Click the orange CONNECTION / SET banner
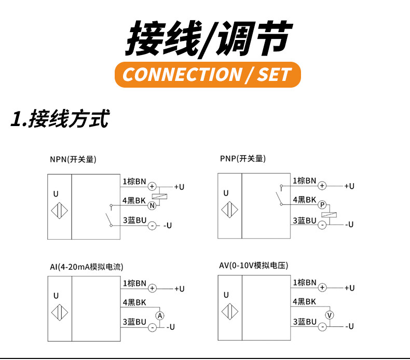[x=207, y=74]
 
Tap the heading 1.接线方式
[x=60, y=119]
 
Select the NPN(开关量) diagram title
[x=73, y=159]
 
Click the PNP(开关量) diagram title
[x=243, y=159]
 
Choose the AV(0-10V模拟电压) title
[x=254, y=266]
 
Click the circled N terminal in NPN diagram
[x=152, y=205]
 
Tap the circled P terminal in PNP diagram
[x=322, y=205]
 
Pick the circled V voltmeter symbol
[x=329, y=315]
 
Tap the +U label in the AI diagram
[x=179, y=289]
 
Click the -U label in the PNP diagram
[x=348, y=225]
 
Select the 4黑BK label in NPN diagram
[x=134, y=200]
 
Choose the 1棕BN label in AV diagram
[x=305, y=283]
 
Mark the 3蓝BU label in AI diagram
[x=134, y=322]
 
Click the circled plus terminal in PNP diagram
[x=322, y=185]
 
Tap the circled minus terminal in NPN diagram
[x=152, y=226]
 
